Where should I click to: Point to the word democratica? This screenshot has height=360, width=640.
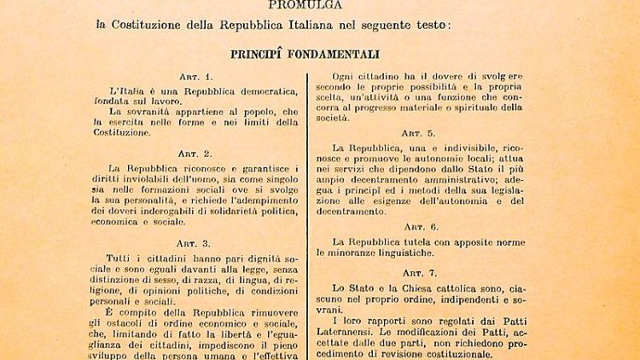[254, 91]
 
